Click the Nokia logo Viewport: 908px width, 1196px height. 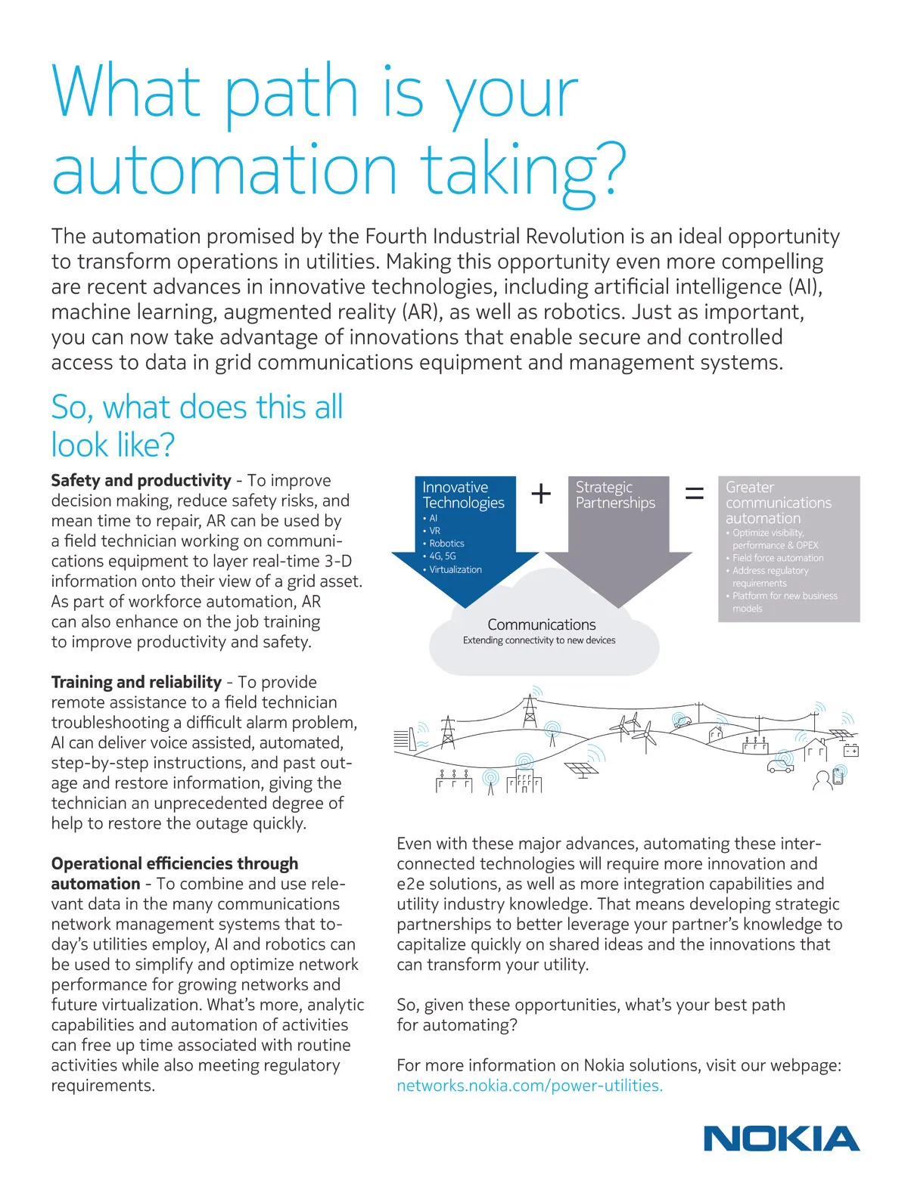(782, 1139)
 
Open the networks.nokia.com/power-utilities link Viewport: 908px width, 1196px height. (530, 1086)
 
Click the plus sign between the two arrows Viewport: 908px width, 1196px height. (541, 494)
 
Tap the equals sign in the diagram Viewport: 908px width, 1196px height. (694, 494)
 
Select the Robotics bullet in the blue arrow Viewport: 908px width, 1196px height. (446, 544)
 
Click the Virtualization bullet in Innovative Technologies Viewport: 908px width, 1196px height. (456, 569)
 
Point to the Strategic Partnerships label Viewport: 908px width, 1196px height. (615, 495)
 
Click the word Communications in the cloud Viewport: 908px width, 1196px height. (542, 624)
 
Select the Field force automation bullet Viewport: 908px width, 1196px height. (778, 558)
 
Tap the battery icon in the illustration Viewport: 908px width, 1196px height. (850, 751)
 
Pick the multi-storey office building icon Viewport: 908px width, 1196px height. (524, 782)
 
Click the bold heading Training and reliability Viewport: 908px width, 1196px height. (136, 682)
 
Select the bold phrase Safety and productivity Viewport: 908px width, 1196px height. (141, 480)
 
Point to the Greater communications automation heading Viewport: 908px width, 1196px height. (778, 503)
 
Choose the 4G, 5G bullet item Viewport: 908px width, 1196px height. (443, 556)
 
